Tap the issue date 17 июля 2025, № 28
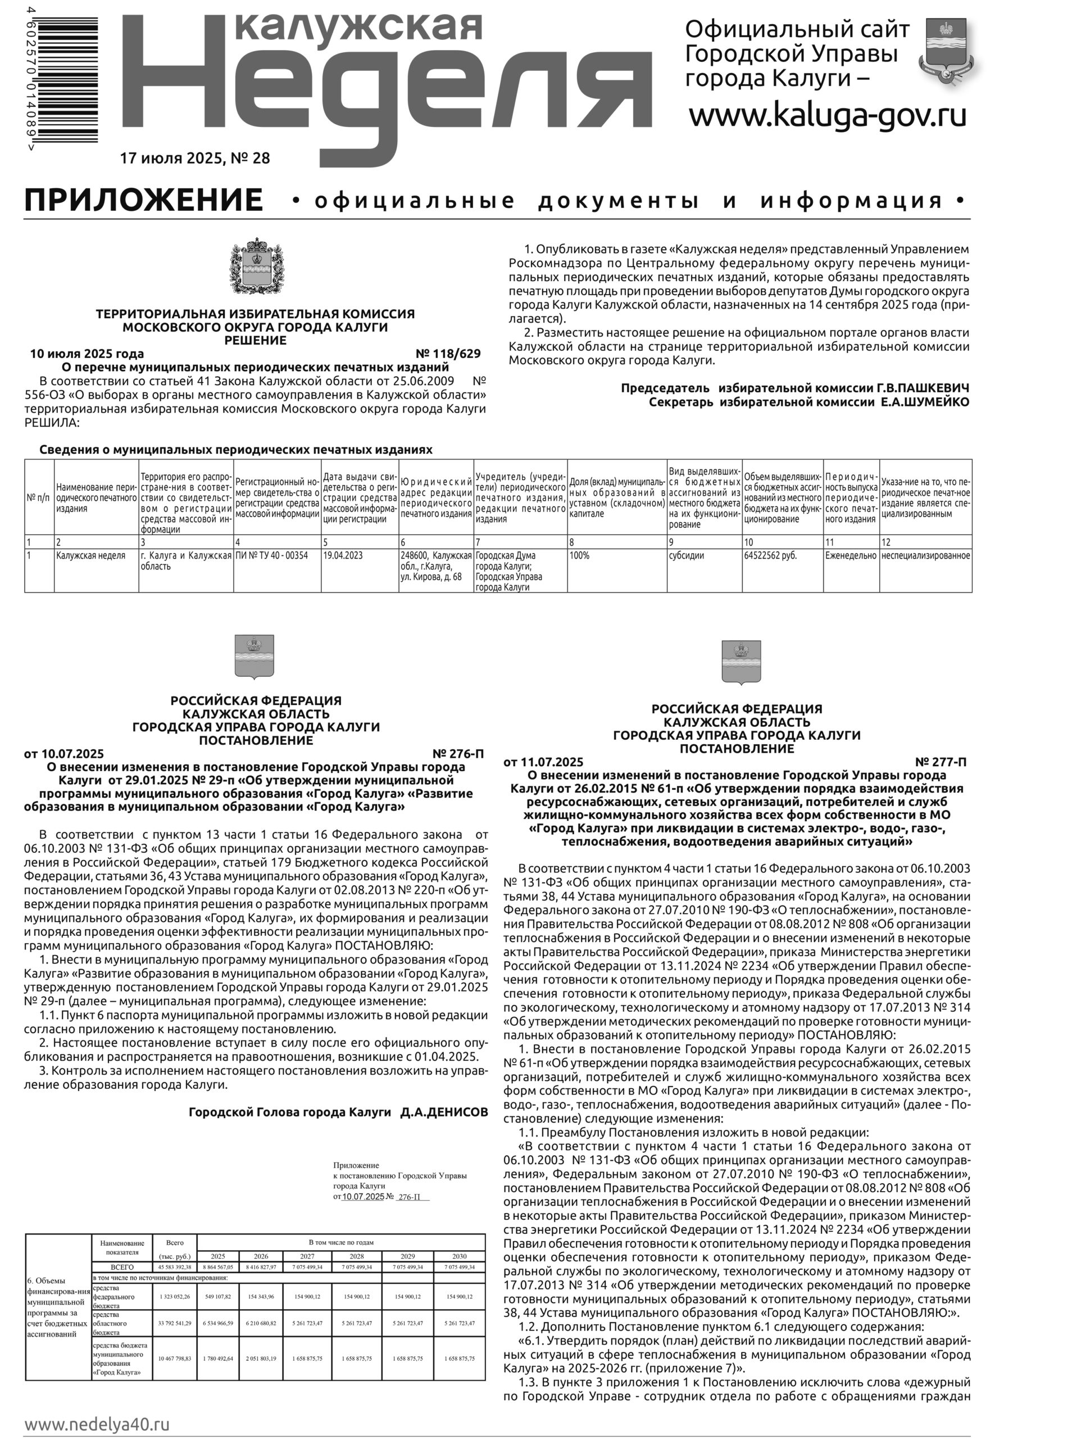click(194, 159)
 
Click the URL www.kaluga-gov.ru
click(828, 116)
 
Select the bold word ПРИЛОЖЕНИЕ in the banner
click(143, 200)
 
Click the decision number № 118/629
click(448, 354)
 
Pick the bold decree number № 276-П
click(458, 754)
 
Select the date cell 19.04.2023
click(343, 555)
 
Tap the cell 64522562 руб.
click(770, 555)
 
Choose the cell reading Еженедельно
click(851, 555)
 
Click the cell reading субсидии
click(687, 555)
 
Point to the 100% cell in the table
click(579, 555)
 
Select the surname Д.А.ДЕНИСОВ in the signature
click(444, 1112)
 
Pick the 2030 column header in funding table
click(459, 1256)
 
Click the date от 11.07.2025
click(543, 762)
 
